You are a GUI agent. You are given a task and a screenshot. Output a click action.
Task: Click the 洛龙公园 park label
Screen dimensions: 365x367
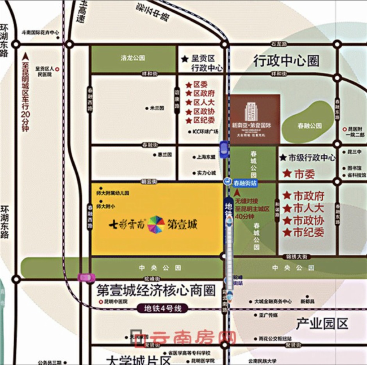(x=133, y=58)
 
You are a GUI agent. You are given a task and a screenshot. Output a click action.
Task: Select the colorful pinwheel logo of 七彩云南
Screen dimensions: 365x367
(x=156, y=224)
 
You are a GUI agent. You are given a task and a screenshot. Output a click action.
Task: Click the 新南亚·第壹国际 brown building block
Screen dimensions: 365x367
(x=255, y=118)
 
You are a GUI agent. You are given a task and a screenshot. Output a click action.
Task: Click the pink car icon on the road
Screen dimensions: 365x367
(x=87, y=277)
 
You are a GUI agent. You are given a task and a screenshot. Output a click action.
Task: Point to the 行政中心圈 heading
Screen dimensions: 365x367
(x=286, y=61)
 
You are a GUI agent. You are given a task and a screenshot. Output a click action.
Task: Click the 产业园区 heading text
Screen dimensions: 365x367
(x=322, y=324)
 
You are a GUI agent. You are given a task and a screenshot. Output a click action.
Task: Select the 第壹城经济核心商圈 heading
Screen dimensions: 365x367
(x=156, y=290)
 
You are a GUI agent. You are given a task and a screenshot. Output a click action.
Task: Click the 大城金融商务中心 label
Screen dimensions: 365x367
(x=273, y=302)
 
